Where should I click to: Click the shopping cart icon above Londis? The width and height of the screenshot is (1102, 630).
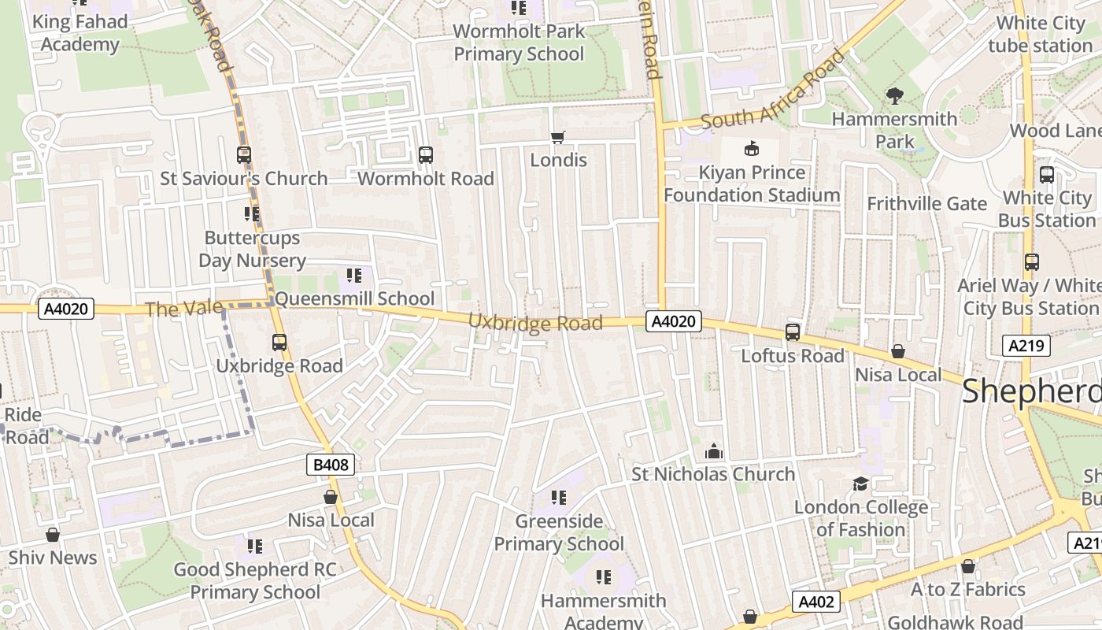pyautogui.click(x=558, y=138)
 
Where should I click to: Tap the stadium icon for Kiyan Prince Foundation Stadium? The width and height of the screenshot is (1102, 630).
pyautogui.click(x=752, y=148)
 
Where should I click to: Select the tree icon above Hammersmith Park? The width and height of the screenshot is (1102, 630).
pyautogui.click(x=894, y=96)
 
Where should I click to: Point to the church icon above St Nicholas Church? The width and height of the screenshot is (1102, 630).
pyautogui.click(x=714, y=451)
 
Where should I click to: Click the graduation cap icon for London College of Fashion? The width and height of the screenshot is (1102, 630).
pyautogui.click(x=860, y=484)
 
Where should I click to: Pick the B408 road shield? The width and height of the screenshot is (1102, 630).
pyautogui.click(x=331, y=465)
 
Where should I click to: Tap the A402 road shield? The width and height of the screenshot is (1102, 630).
pyautogui.click(x=815, y=602)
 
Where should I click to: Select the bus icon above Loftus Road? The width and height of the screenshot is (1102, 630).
pyautogui.click(x=793, y=332)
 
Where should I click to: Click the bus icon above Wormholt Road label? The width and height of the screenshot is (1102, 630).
pyautogui.click(x=426, y=155)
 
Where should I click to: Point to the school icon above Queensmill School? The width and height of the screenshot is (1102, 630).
pyautogui.click(x=354, y=276)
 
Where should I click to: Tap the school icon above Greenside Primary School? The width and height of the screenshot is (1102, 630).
pyautogui.click(x=559, y=498)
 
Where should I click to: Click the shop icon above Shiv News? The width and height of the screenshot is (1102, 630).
pyautogui.click(x=53, y=535)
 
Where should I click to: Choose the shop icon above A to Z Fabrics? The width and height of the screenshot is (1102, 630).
pyautogui.click(x=968, y=566)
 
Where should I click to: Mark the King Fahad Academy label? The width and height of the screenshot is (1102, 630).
pyautogui.click(x=80, y=33)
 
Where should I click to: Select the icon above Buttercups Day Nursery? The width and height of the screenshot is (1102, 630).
pyautogui.click(x=252, y=214)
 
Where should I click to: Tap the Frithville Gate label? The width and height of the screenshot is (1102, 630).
pyautogui.click(x=926, y=204)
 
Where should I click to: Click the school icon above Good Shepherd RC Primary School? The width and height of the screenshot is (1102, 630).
pyautogui.click(x=254, y=547)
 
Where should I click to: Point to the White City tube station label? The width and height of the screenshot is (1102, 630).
pyautogui.click(x=1040, y=35)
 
